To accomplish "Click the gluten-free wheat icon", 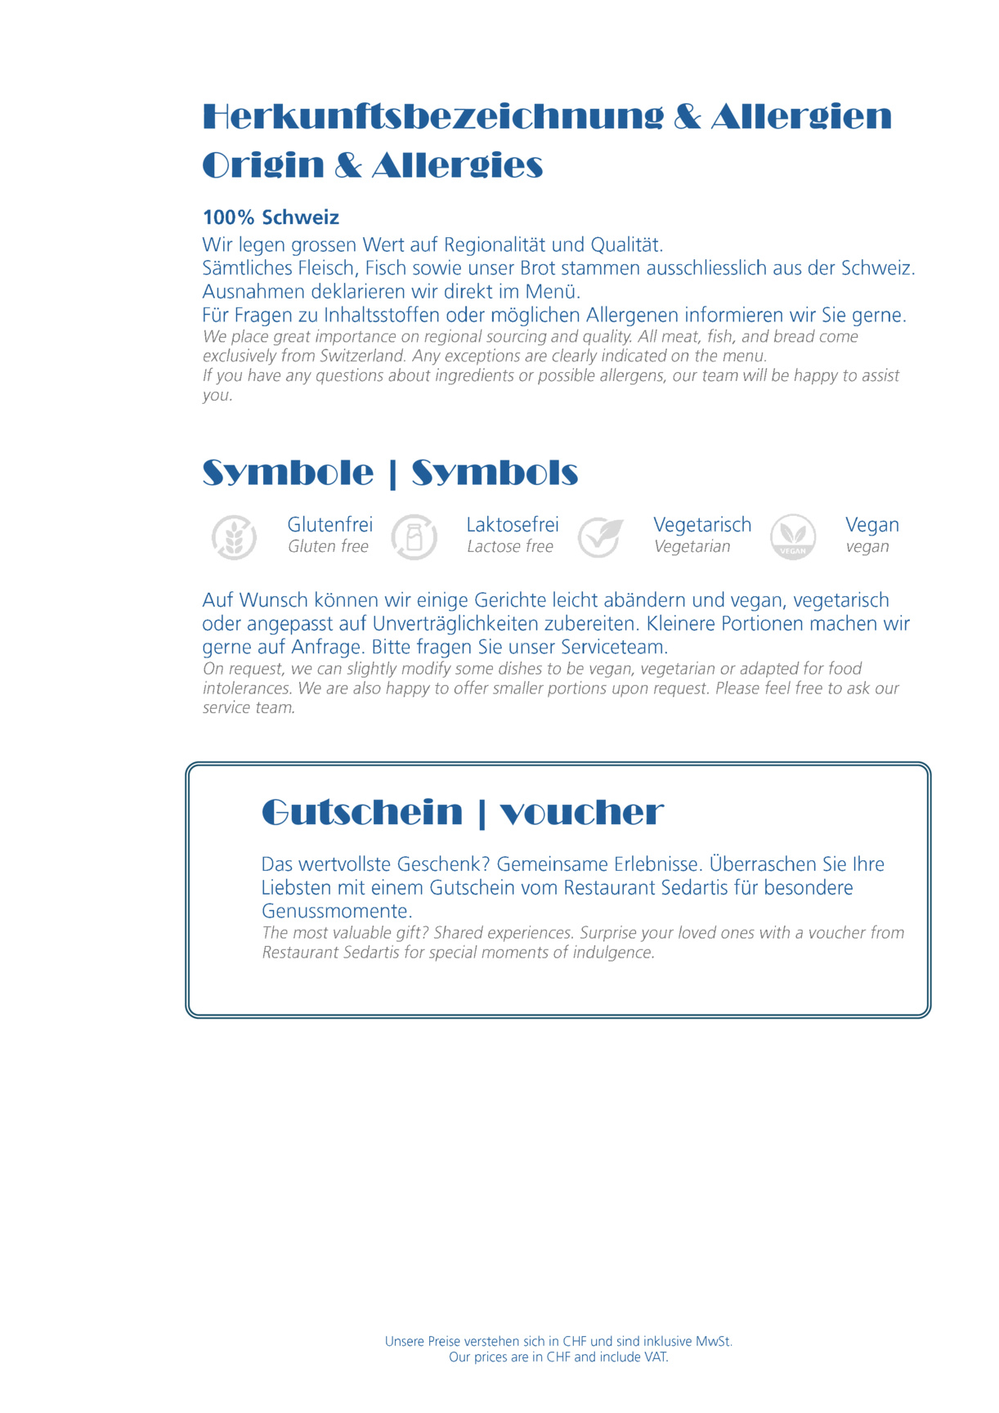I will tap(234, 537).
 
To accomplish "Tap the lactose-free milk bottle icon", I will tap(414, 537).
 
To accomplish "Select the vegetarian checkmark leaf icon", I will tap(600, 537).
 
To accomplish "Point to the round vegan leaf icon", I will tap(793, 537).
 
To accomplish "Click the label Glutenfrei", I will tap(329, 525).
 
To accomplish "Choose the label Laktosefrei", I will tap(513, 525).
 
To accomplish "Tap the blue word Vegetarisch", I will tap(702, 525).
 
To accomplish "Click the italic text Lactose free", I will tap(510, 547).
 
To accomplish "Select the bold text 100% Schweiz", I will tap(271, 218).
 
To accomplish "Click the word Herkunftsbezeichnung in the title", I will tap(432, 117).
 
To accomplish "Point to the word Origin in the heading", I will tap(263, 166).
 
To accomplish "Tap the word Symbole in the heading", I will tap(288, 473).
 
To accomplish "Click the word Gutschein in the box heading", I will tap(362, 813).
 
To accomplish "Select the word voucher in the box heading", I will tap(581, 813).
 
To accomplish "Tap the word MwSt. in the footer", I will tap(714, 1342).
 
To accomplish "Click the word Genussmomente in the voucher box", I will tap(336, 912).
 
